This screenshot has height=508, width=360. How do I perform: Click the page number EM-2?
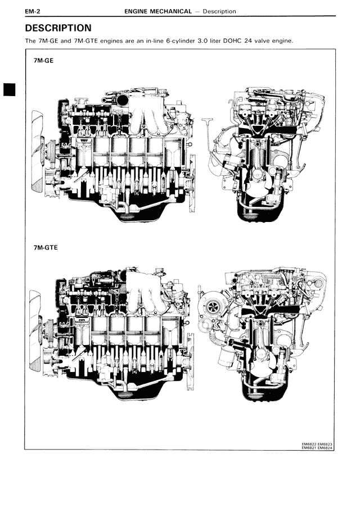pyautogui.click(x=33, y=12)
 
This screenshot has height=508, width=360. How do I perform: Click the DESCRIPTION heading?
pyautogui.click(x=58, y=28)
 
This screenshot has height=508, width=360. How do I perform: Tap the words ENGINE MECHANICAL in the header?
pyautogui.click(x=158, y=11)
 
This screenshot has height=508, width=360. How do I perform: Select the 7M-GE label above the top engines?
pyautogui.click(x=43, y=61)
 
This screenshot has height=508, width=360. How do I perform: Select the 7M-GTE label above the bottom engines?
pyautogui.click(x=46, y=247)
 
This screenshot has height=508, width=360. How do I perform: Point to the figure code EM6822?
pyautogui.click(x=309, y=444)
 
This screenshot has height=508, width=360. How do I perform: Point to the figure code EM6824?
pyautogui.click(x=325, y=448)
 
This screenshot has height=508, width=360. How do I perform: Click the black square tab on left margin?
pyautogui.click(x=10, y=89)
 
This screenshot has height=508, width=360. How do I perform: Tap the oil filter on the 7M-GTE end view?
pyautogui.click(x=226, y=356)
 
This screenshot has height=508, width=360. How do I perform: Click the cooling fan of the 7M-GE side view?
pyautogui.click(x=37, y=151)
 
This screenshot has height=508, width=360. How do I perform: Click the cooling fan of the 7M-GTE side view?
pyautogui.click(x=35, y=331)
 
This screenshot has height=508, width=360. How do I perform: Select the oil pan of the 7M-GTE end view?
pyautogui.click(x=263, y=387)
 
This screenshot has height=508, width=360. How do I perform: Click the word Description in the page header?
pyautogui.click(x=219, y=11)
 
